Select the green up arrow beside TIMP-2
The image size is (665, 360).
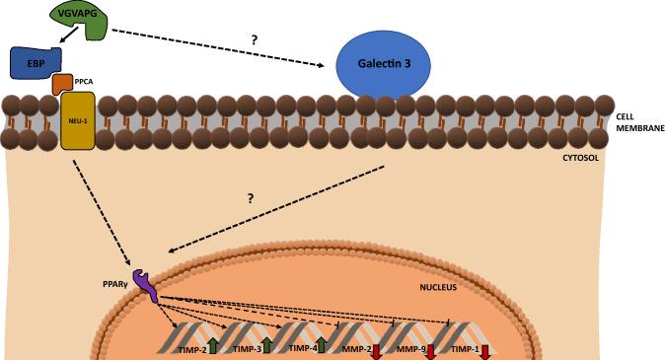(x=213, y=347)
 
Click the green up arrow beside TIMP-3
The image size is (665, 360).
(x=267, y=347)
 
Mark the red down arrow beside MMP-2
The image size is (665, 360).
(x=376, y=348)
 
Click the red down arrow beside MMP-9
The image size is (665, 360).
(x=430, y=348)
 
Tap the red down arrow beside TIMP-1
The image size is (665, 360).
(x=485, y=348)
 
